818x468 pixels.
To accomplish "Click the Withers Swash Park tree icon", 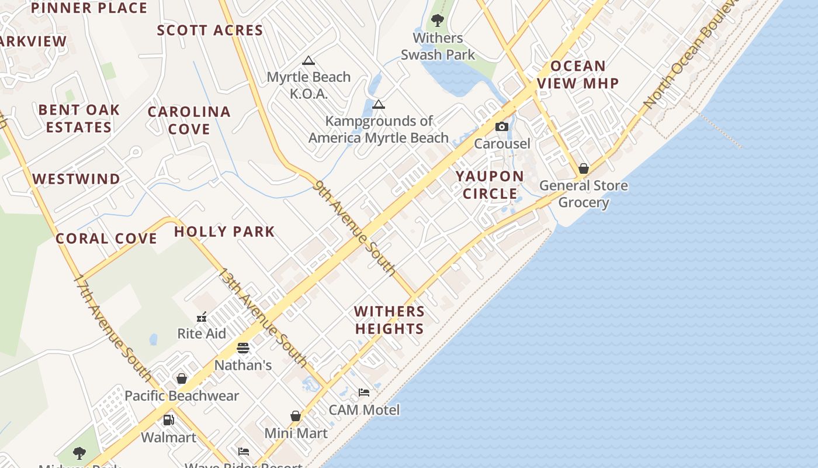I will coord(437,21).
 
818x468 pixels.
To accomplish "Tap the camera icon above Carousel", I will coord(501,127).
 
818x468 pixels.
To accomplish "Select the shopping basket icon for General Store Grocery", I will coord(583,169).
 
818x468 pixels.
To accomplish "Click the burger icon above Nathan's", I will coord(243,348).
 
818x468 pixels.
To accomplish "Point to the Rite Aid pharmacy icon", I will coord(202,317).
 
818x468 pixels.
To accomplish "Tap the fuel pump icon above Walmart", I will coord(168,420).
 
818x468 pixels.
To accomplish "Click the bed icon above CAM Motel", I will coord(364,393).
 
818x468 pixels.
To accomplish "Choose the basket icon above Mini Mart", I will coord(296,416).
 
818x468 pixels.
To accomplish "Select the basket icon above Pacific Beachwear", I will coord(182,378).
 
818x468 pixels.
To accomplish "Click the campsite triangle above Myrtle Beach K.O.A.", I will coord(309,60).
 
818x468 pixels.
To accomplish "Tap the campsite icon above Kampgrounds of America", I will coord(379,105).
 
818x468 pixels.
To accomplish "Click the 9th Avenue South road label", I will coord(355,228).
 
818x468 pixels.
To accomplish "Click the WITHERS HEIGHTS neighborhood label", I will coord(389,320).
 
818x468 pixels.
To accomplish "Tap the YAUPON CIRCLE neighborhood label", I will coord(490,185).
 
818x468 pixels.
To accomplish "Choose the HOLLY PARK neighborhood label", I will coord(224,232).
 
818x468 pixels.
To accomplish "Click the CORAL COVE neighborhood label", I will coord(106,239).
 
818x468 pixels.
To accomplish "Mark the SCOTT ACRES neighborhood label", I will coord(210,30).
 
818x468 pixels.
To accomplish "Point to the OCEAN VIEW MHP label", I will coord(578,74).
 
